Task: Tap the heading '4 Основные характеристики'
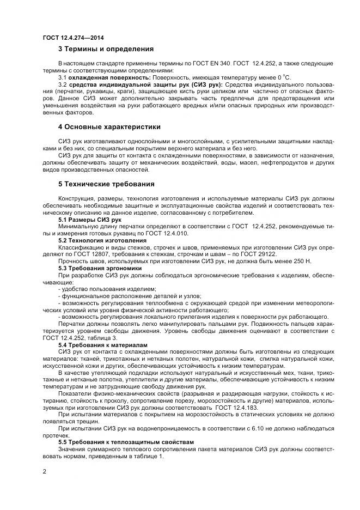109,127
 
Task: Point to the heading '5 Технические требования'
106,184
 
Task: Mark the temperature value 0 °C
283,77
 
